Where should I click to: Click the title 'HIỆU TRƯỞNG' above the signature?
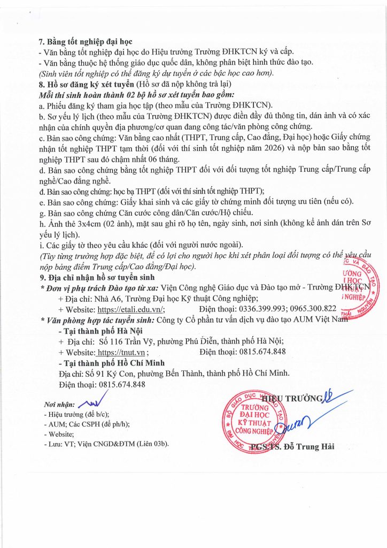click(x=292, y=398)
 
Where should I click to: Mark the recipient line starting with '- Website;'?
click(x=58, y=433)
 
